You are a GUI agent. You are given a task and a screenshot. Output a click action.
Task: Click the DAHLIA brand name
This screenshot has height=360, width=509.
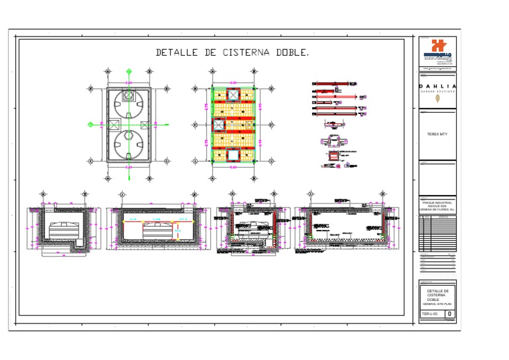(x=437, y=86)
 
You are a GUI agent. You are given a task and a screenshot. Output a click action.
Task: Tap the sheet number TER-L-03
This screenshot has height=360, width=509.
(x=430, y=313)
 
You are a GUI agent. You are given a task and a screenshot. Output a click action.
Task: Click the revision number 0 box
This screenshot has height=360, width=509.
(x=450, y=313)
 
